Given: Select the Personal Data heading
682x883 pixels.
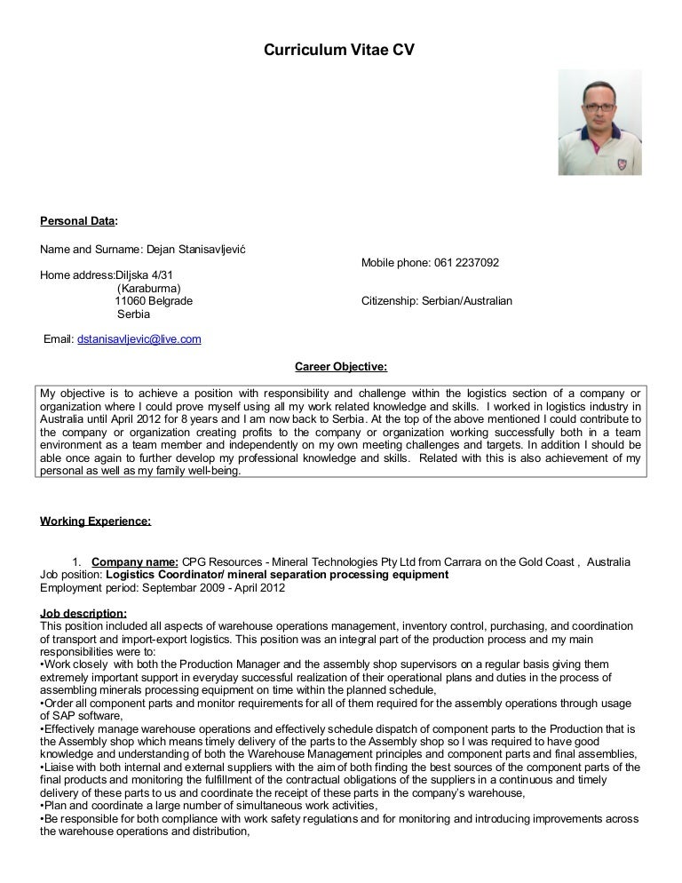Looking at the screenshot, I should pos(79,220).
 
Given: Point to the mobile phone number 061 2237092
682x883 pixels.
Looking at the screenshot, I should pos(466,263).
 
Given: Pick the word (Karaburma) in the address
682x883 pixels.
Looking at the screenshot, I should pos(149,289).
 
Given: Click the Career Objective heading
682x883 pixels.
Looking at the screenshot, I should pos(341,366).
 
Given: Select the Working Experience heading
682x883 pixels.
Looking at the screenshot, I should pos(96,521).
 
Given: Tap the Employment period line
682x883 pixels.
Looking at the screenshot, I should pos(163,588).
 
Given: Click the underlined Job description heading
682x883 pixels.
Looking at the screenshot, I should pos(83,613).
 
